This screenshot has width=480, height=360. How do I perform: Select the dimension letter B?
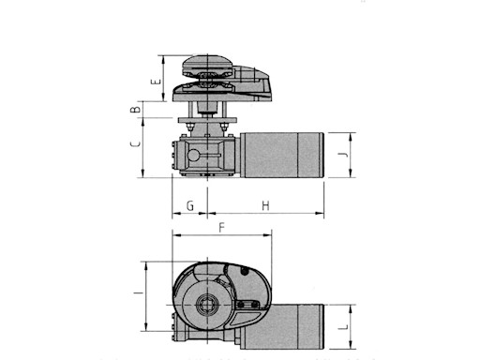[x=137, y=112]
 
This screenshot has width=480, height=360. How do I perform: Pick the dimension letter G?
[x=190, y=203]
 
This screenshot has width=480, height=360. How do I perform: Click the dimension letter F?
[x=221, y=228]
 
